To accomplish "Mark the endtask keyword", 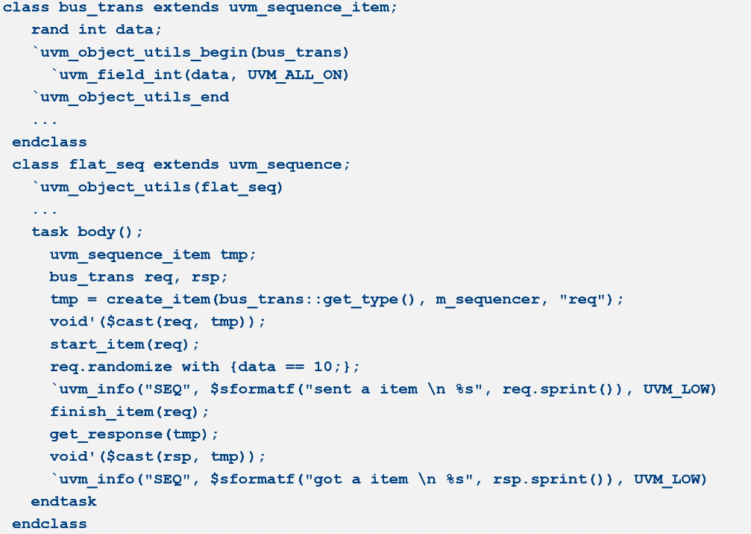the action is point(63,501).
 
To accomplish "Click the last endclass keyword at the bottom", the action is point(49,524).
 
